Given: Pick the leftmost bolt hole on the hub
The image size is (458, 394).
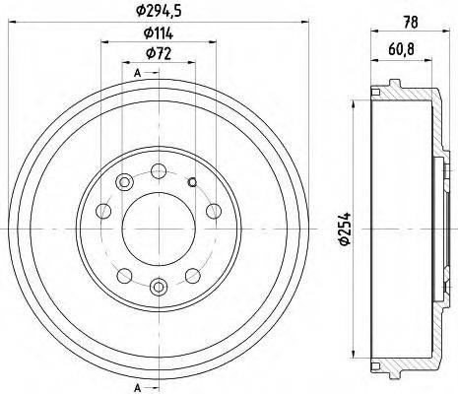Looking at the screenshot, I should point(103,210).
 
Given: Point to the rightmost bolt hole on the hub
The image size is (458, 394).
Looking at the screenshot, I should point(212,210).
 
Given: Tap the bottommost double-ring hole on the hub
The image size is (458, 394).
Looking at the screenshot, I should point(158,287).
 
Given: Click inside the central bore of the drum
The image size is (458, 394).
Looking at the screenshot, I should point(158,229).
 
